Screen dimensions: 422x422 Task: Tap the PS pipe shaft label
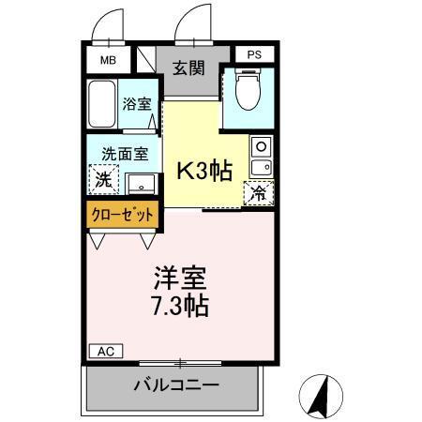pos(253,54)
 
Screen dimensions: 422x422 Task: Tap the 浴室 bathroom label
pos(137,104)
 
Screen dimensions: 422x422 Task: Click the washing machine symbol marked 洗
pos(101,177)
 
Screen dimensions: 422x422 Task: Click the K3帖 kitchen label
pos(204,171)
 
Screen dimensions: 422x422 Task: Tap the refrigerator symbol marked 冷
pos(255,194)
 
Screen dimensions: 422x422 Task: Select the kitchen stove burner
pos(260,147)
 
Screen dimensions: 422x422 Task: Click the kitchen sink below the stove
pos(260,168)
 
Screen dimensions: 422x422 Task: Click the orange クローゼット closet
pos(122,215)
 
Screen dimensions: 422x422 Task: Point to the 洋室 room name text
pos(179,279)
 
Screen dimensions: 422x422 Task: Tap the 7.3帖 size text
pos(179,306)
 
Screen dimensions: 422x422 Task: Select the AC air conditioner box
pos(105,351)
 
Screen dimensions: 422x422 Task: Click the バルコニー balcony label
pos(175,384)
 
